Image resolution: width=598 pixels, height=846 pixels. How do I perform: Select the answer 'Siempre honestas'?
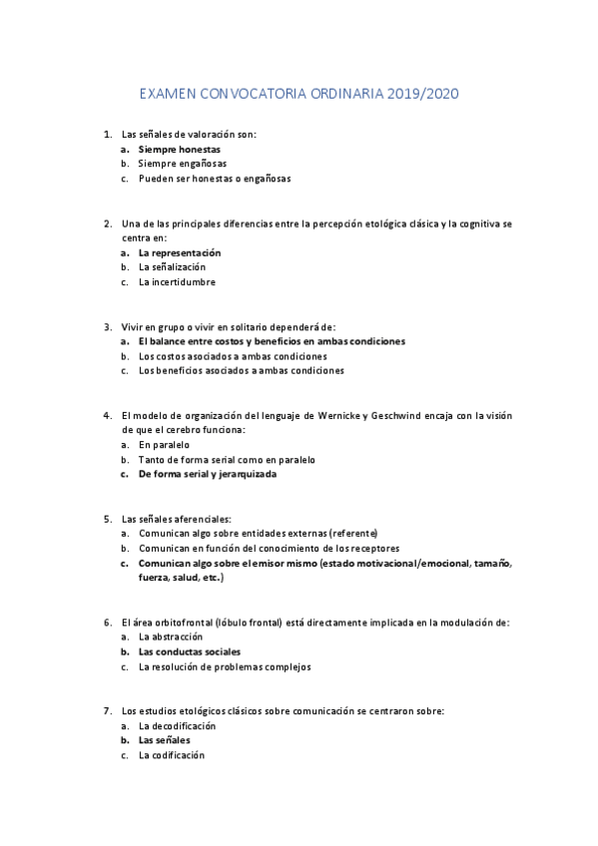[180, 149]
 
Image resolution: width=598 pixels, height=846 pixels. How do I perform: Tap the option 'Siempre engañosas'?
[183, 164]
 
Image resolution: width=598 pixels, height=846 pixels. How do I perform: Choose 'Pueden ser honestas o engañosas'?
[215, 179]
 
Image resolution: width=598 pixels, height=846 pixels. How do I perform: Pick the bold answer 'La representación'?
[180, 252]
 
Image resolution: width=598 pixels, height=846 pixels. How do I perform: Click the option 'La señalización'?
[172, 267]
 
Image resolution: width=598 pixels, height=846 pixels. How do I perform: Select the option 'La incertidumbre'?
[177, 282]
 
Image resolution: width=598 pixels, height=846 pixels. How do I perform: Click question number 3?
[107, 326]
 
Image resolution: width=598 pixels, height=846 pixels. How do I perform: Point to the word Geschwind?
[427, 415]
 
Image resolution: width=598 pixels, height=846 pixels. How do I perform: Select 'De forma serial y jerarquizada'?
[208, 474]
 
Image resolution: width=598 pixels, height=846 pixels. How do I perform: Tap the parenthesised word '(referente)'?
[353, 533]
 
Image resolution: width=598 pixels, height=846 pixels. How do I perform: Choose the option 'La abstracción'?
[171, 636]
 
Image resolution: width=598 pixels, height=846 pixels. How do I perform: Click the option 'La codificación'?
[172, 755]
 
